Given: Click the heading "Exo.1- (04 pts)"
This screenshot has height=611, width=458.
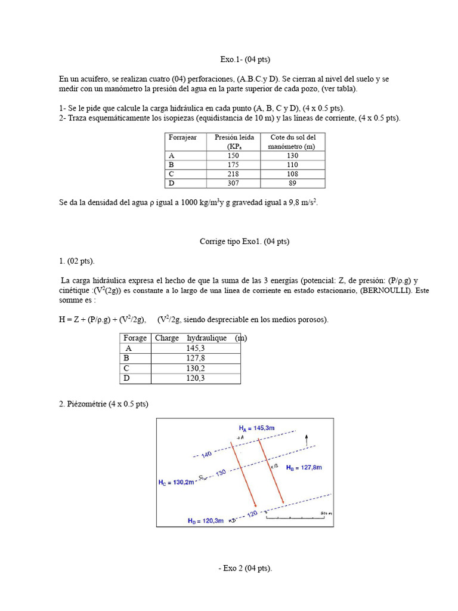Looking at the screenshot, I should (245, 60).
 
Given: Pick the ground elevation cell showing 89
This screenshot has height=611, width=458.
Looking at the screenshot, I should (292, 183).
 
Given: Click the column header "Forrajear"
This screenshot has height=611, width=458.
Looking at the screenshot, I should (182, 138).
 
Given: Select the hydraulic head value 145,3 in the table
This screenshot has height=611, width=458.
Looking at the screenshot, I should (195, 348).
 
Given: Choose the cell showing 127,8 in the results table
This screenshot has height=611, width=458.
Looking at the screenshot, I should (195, 358).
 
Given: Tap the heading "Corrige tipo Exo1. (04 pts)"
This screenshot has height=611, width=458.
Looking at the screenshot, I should (245, 242).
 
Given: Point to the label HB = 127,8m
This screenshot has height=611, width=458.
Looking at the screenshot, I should (304, 468).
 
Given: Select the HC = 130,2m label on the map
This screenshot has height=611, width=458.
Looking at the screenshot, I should (177, 482).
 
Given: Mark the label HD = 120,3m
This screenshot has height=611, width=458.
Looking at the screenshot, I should (205, 521).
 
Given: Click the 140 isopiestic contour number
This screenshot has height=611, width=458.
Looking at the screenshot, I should (206, 455).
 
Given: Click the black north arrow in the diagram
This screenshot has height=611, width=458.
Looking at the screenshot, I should (307, 440).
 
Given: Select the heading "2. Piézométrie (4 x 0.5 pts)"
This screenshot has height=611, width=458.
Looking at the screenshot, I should (103, 404).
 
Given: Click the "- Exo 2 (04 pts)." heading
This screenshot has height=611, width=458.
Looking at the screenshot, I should (245, 569).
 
